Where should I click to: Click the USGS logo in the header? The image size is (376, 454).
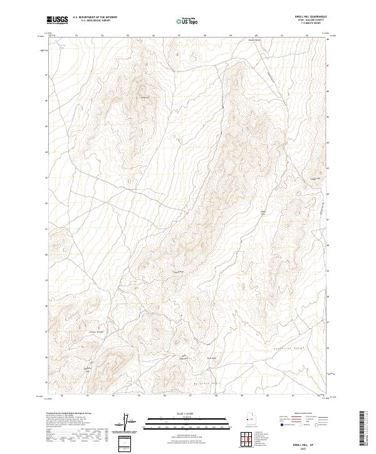(x=58, y=20)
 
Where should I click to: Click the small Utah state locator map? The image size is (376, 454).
(x=248, y=420)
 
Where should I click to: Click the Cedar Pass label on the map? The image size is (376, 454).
(x=263, y=214)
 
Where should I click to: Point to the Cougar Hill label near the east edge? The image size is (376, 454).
(x=316, y=178)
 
